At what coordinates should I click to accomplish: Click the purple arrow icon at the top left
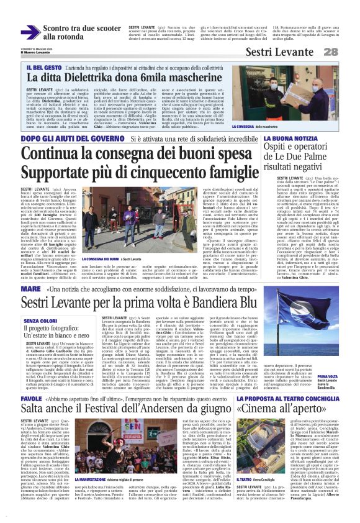click(x=30, y=33)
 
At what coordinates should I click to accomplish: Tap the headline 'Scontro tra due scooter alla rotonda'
click(x=72, y=33)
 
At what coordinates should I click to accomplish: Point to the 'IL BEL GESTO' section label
click(x=43, y=66)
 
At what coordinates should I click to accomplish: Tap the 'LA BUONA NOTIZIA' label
click(x=285, y=139)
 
